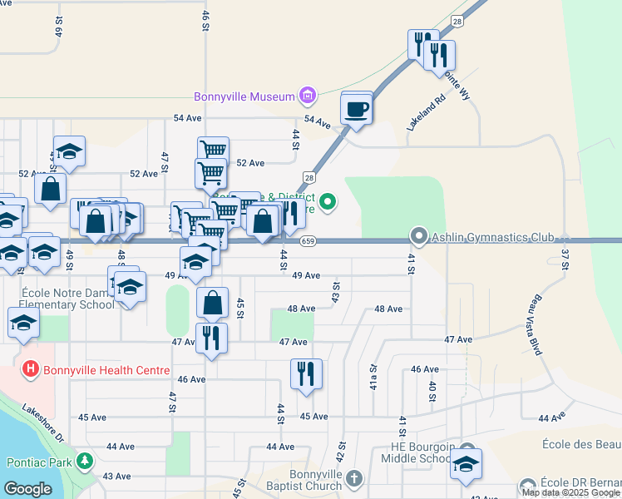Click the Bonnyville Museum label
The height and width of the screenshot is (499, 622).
click(244, 96)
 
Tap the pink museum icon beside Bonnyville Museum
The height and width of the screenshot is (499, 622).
click(306, 96)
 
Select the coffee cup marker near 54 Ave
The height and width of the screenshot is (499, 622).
click(357, 110)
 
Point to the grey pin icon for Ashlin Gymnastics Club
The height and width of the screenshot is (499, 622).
click(419, 237)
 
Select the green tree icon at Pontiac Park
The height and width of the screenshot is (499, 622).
click(84, 460)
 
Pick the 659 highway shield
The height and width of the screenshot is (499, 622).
click(308, 241)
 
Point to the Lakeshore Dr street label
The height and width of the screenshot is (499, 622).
click(44, 421)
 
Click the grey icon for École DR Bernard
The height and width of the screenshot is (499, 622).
click(527, 485)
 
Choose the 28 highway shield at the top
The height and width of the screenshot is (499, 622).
click(457, 20)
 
